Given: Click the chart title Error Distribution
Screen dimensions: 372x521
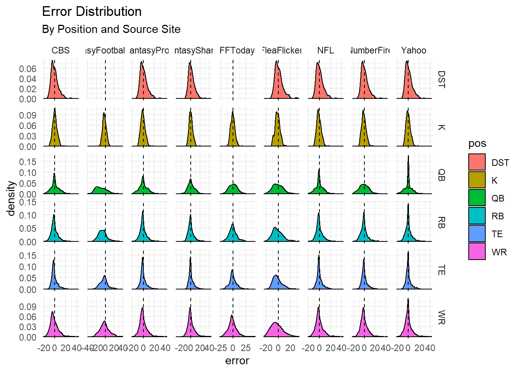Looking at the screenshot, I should coord(91,12).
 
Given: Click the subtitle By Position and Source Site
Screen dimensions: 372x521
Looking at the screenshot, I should coord(111,29).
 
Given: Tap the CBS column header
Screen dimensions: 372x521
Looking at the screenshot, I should coord(60,50).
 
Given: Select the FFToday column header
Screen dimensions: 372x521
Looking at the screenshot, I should coord(237,50).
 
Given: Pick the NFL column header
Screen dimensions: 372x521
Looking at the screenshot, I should coord(325,50).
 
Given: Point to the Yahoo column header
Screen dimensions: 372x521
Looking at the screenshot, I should coord(414,50).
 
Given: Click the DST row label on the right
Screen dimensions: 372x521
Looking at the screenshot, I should coord(441,79).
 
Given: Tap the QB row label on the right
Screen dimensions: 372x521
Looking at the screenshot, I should coord(441,175).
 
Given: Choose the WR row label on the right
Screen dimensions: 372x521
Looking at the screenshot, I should coord(441,317).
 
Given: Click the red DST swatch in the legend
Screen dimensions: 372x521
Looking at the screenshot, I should coord(476,162).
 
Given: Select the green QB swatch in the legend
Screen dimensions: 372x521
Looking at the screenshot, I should coord(476,198).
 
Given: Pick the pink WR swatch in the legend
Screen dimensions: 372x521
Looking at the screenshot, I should coord(476,251).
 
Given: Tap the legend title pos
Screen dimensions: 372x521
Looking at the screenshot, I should coord(477,143).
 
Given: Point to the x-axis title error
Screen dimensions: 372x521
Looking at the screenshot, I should coord(237,361).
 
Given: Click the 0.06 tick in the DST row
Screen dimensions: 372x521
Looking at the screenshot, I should coord(28,69).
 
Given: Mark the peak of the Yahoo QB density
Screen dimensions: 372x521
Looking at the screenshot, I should coord(408,157).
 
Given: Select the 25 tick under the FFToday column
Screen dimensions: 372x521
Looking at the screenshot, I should coord(245,348).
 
